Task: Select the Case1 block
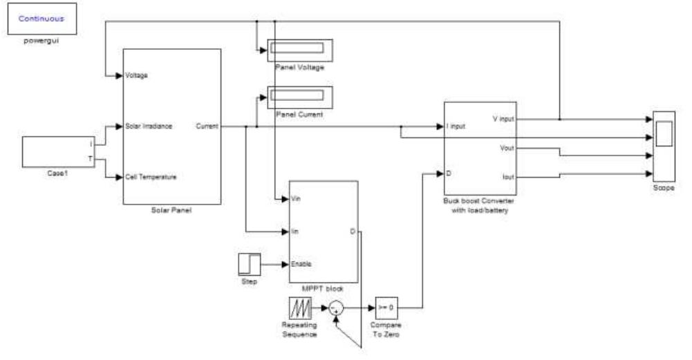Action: pos(57,152)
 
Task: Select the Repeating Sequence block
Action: pos(301,307)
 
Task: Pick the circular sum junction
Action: pos(336,307)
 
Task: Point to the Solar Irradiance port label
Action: pos(149,126)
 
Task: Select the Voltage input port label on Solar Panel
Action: pos(136,75)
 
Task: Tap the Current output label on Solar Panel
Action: pos(207,126)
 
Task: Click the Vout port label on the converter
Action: pos(506,147)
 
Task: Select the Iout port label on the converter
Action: pos(507,177)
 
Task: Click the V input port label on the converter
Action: pos(503,119)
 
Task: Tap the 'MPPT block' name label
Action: pos(322,288)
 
